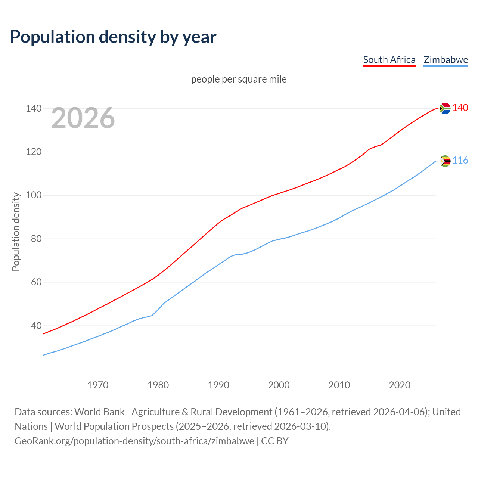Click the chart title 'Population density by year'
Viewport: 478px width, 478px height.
113,37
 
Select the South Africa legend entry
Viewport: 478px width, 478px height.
389,60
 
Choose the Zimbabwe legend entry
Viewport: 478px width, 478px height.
446,60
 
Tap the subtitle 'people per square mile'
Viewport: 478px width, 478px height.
239,79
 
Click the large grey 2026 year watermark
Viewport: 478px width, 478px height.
83,118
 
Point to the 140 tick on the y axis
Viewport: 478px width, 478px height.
33,108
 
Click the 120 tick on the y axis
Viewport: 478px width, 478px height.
33,152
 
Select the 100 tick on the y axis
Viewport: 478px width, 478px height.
33,195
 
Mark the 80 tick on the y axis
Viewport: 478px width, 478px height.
36,239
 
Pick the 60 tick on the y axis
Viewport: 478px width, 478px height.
36,282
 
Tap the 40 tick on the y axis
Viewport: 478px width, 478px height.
36,326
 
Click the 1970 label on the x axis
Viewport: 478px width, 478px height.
98,385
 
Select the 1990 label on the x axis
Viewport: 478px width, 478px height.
218,385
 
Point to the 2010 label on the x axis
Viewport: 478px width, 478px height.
339,385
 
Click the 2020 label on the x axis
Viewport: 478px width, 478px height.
400,385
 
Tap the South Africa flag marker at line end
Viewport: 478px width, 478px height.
445,108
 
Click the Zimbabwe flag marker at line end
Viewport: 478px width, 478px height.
445,161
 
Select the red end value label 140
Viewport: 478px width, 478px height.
460,108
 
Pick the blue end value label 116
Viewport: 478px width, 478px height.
460,161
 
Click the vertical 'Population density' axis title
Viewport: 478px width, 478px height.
16,232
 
